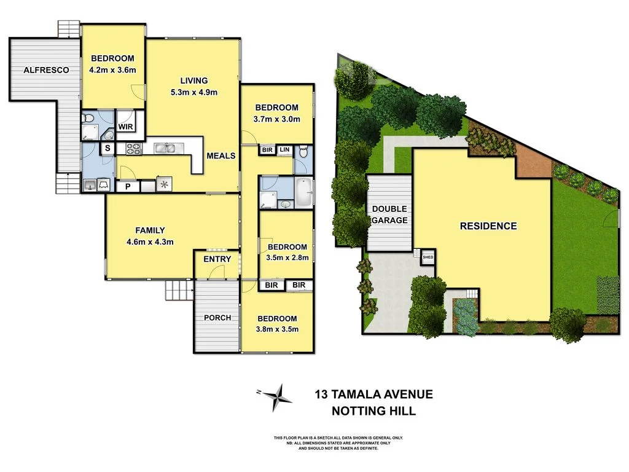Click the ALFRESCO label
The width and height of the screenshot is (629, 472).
(46, 70)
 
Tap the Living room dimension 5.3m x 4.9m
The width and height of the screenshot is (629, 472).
(194, 92)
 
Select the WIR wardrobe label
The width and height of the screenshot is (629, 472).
(126, 127)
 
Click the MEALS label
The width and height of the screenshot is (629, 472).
(221, 155)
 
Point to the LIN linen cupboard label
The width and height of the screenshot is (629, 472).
(285, 149)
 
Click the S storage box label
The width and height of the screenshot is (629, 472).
(107, 148)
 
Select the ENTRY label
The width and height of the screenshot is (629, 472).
(217, 259)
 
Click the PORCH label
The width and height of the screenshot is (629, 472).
(217, 318)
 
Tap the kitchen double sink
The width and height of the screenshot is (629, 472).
(165, 147)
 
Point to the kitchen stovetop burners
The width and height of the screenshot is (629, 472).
(134, 148)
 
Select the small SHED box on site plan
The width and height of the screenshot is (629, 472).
(428, 258)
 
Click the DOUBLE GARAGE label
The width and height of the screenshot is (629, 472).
(389, 214)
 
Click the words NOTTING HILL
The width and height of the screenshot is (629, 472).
(373, 411)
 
